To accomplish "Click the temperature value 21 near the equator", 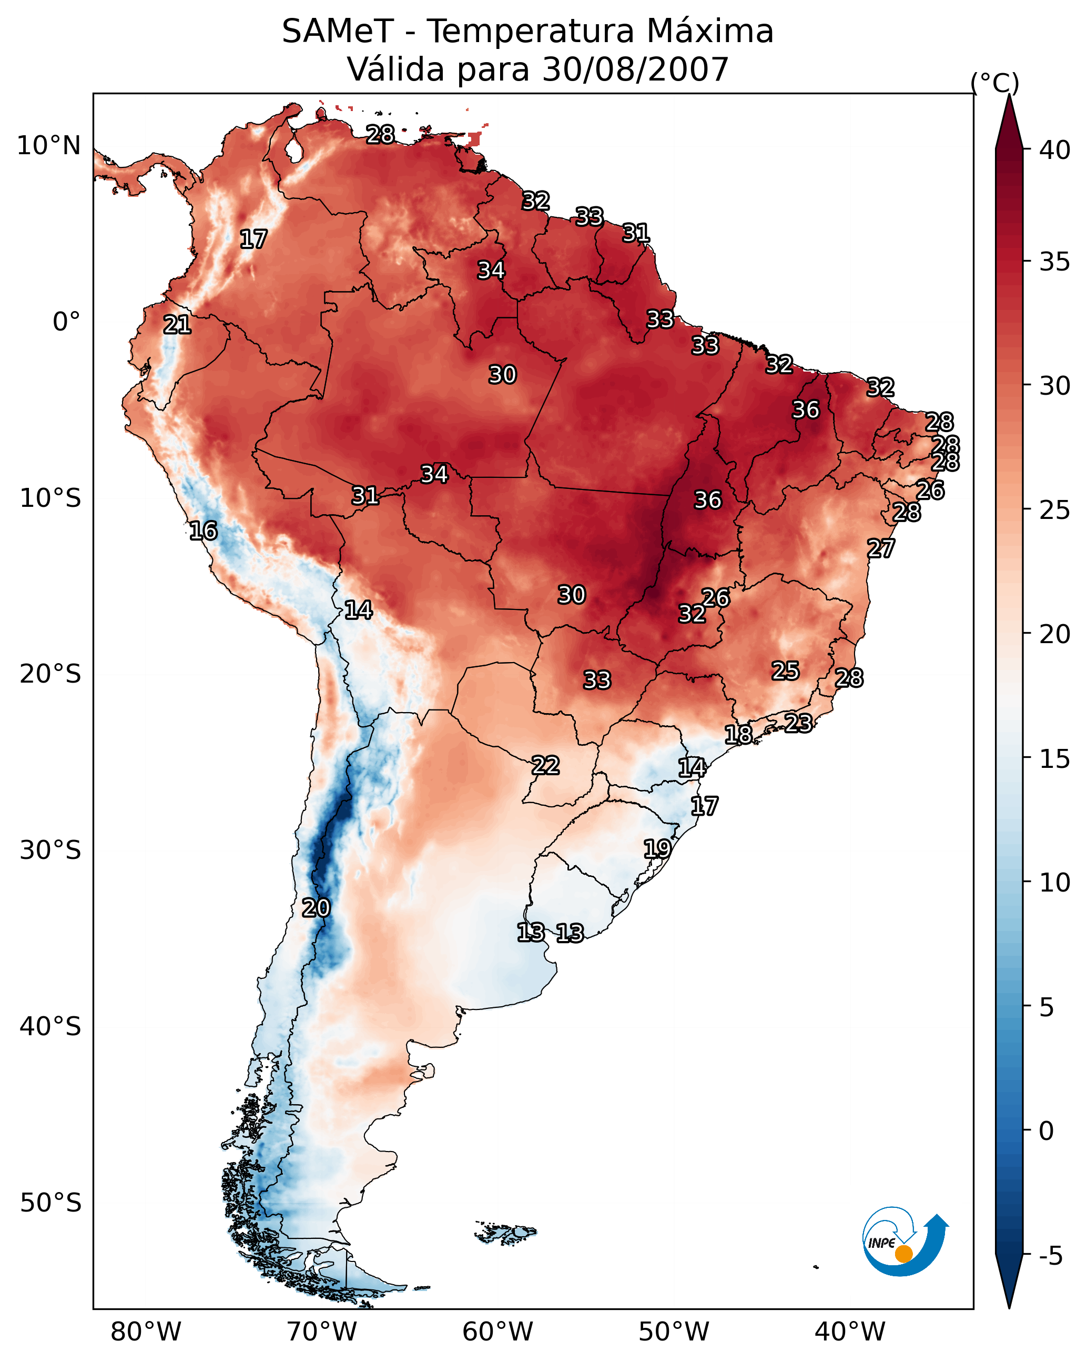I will (x=177, y=325).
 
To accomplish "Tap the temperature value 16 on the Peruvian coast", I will (x=203, y=531).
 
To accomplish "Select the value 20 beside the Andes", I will (x=316, y=908).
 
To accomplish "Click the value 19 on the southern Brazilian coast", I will (x=657, y=848).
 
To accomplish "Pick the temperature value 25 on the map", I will (x=786, y=671).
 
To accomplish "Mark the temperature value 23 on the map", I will (x=798, y=723).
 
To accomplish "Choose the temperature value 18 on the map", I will (x=738, y=734).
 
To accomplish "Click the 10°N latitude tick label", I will (x=48, y=146).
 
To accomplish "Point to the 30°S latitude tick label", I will (x=50, y=850).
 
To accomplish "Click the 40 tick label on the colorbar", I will (x=1055, y=150).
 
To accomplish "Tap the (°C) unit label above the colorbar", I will (x=995, y=83).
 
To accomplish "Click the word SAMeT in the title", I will (x=338, y=32).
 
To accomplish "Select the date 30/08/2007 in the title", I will (x=635, y=69).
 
